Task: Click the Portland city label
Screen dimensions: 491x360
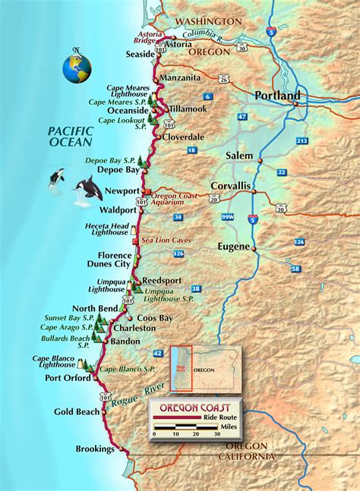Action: pos(277,96)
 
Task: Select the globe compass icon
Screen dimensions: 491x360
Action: pos(77,67)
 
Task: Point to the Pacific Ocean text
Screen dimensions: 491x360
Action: pos(68,136)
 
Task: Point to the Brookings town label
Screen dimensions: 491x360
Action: pos(95,449)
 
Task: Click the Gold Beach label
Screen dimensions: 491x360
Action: pos(77,411)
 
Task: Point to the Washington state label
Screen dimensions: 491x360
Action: pos(210,21)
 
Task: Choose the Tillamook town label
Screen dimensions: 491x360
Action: pos(188,109)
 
